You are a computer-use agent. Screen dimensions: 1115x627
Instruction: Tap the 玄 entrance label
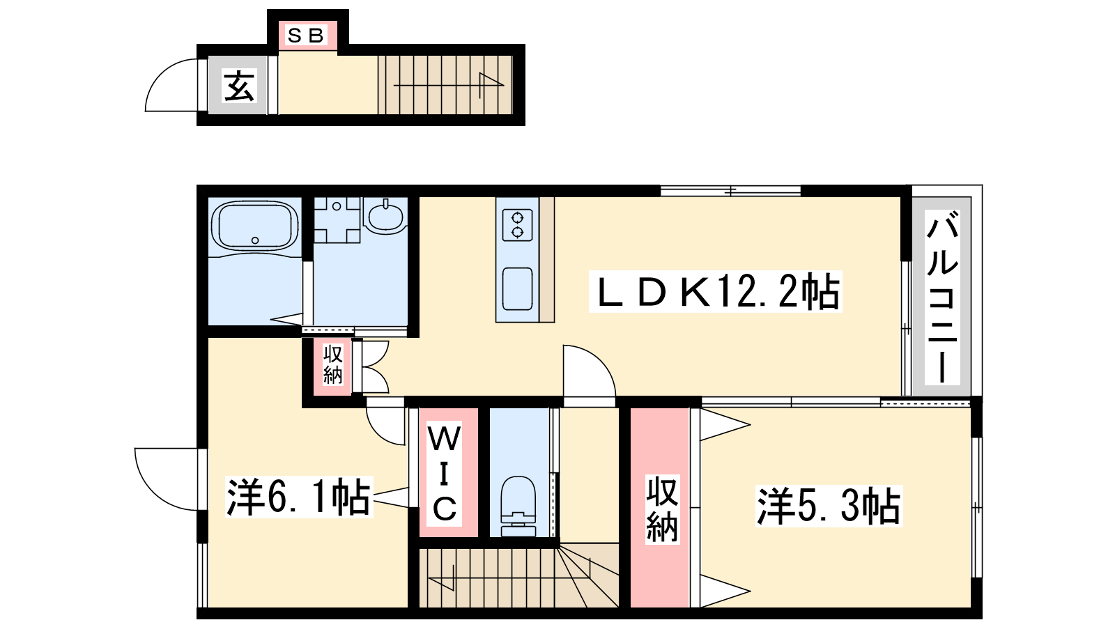point(239,86)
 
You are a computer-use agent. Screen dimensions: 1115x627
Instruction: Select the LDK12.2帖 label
point(715,292)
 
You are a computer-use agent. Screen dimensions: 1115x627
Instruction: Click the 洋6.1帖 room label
point(299,497)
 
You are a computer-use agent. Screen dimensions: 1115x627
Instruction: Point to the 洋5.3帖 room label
point(829,506)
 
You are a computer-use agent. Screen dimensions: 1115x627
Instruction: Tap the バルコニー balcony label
point(941,297)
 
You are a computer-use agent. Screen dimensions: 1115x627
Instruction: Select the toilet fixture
point(518,506)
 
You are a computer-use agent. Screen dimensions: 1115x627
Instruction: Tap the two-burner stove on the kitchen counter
point(518,225)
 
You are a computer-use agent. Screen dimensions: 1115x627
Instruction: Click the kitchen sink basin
point(518,289)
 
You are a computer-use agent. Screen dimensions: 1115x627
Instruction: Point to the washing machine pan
point(337,219)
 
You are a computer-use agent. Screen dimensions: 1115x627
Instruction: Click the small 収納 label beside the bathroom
point(332,365)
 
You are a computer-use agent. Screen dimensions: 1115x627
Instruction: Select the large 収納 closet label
point(662,509)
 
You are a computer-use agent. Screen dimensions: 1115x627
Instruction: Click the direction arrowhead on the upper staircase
point(491,79)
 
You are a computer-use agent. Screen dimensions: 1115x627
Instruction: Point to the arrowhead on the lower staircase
point(441,578)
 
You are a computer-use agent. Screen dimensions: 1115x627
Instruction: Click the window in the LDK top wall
point(731,191)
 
